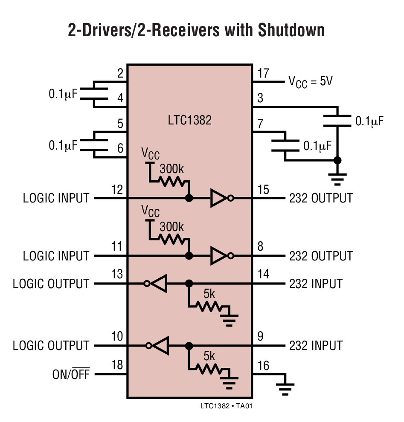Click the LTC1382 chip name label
pos(190,121)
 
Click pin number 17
pos(263,74)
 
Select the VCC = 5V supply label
pos(311,81)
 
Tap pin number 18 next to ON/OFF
pos(116,365)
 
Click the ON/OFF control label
pos(71,375)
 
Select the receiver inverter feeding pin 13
pos(157,283)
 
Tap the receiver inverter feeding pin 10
pos(157,345)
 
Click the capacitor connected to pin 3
pos(337,121)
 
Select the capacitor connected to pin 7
pos(285,145)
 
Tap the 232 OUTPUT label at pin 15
pos(321,198)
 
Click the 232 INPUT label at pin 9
pos(316,345)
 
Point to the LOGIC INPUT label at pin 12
pos(56,198)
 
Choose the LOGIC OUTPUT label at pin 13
pos(51,284)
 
